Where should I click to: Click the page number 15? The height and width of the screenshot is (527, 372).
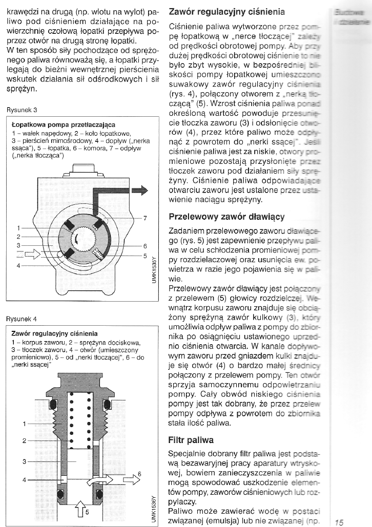[339, 522]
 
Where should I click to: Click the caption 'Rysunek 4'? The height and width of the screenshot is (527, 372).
[20, 319]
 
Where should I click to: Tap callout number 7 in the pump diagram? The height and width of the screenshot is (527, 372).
[145, 219]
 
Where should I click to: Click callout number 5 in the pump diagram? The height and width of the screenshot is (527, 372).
[145, 255]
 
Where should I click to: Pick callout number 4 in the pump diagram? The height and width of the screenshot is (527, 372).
[18, 266]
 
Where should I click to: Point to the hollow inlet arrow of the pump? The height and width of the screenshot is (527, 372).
[31, 252]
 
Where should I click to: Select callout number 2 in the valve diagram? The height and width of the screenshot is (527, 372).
[24, 441]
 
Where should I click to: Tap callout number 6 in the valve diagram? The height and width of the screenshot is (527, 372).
[139, 474]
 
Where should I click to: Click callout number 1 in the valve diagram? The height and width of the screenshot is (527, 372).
[24, 423]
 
